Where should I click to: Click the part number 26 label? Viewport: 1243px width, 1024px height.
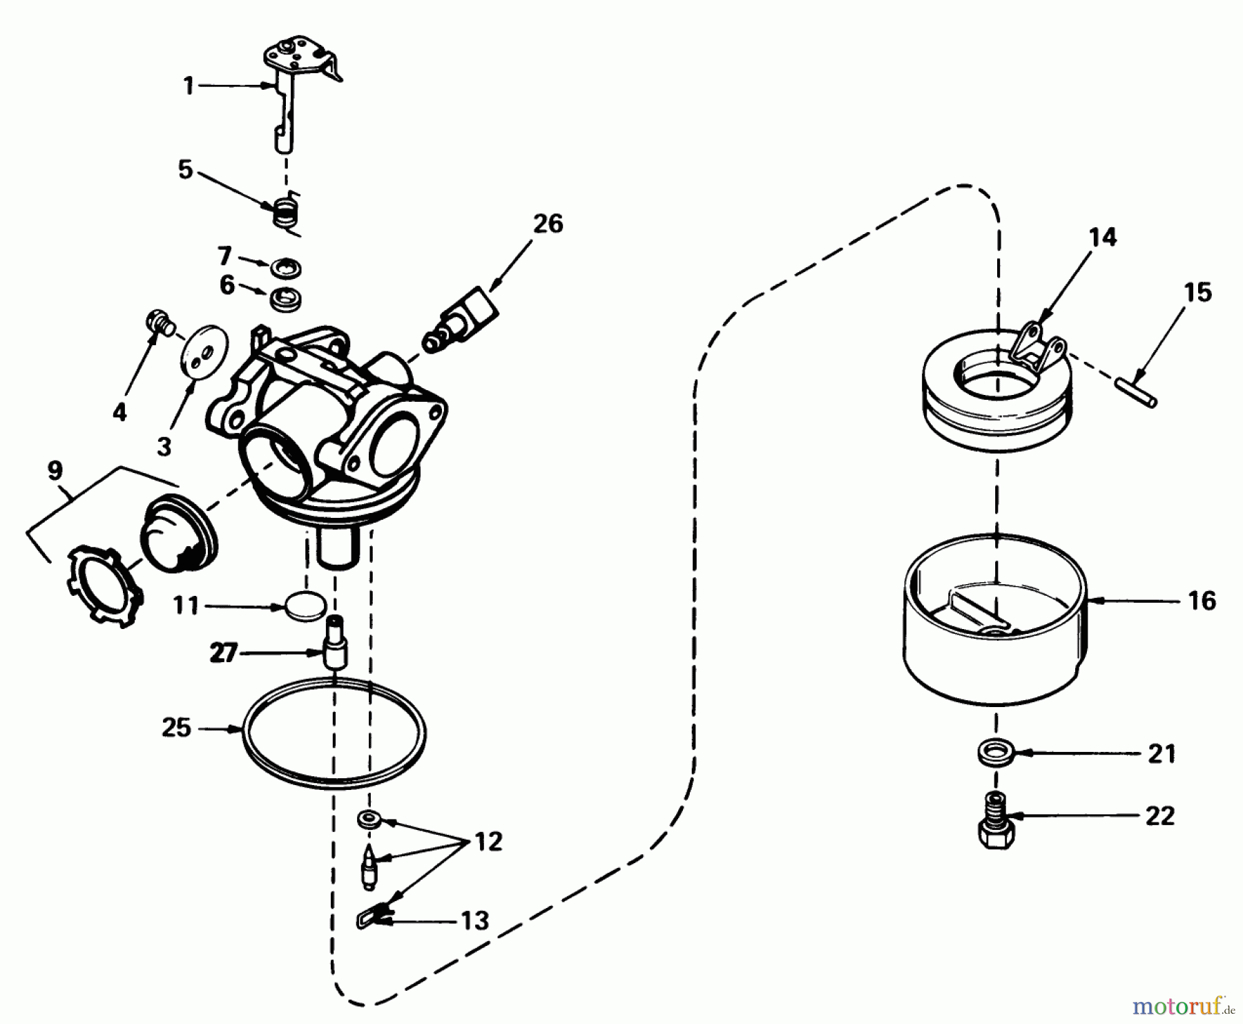[x=548, y=224]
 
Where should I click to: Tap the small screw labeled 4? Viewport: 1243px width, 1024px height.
[x=160, y=322]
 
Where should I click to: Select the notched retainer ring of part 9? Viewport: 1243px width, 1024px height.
[x=106, y=584]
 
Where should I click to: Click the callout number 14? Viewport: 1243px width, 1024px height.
[x=1102, y=237]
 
